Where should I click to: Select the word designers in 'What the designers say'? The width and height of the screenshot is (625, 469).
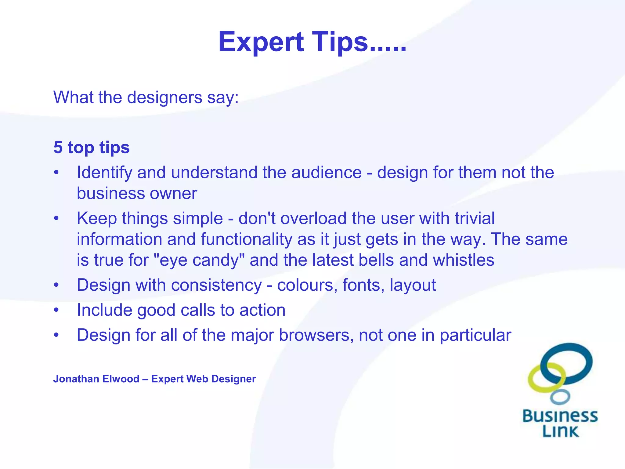pos(164,97)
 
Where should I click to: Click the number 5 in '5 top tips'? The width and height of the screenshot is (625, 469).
pos(58,147)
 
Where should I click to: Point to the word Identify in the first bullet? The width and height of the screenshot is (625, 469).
pos(104,173)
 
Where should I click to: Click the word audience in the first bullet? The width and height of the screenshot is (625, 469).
pos(326,173)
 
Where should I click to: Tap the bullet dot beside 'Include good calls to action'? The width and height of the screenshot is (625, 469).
pos(56,310)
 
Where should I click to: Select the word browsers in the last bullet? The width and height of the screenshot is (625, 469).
pos(316,335)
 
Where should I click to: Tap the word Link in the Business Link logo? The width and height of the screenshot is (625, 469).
pos(560,431)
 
